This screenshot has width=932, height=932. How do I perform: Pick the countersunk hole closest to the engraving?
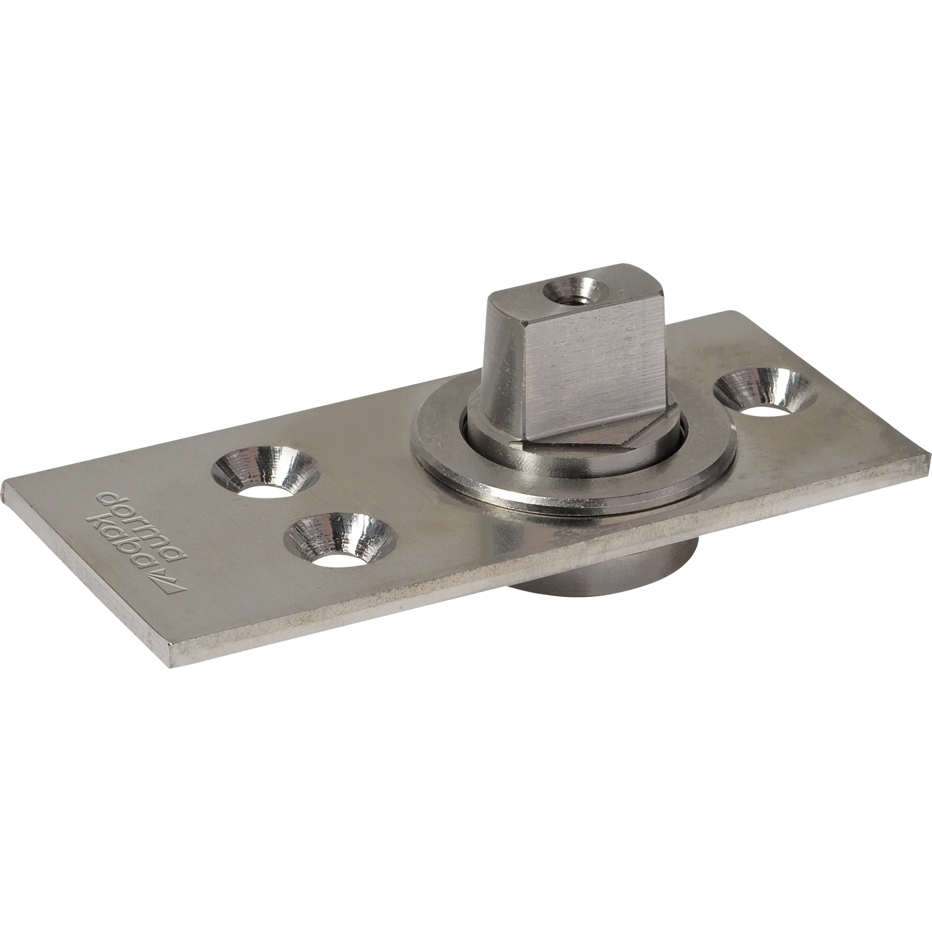tap(340, 541)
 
